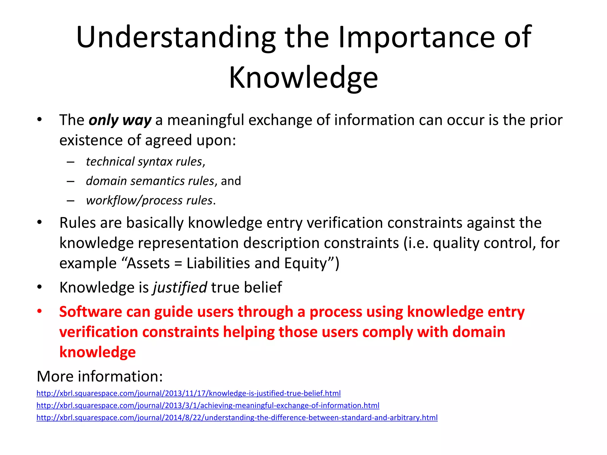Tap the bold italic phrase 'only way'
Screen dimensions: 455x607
click(x=120, y=120)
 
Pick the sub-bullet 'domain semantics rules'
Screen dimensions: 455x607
click(x=150, y=181)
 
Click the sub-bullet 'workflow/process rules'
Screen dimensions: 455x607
click(x=149, y=201)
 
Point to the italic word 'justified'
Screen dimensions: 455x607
click(x=180, y=287)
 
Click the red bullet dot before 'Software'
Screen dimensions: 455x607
click(x=39, y=311)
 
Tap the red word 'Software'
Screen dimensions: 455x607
click(x=90, y=312)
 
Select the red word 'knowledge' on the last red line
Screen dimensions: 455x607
click(x=98, y=352)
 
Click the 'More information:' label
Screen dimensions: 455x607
click(x=100, y=377)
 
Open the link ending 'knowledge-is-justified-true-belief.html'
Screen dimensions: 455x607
click(x=189, y=393)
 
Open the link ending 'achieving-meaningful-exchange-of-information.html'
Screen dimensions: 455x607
click(x=208, y=406)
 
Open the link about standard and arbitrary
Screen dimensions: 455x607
click(x=237, y=418)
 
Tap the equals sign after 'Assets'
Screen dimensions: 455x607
click(x=178, y=263)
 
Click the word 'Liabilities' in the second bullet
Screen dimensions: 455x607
click(x=218, y=263)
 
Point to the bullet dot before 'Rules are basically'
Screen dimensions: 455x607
click(x=39, y=222)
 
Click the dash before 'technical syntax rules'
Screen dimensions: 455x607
click(x=70, y=162)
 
